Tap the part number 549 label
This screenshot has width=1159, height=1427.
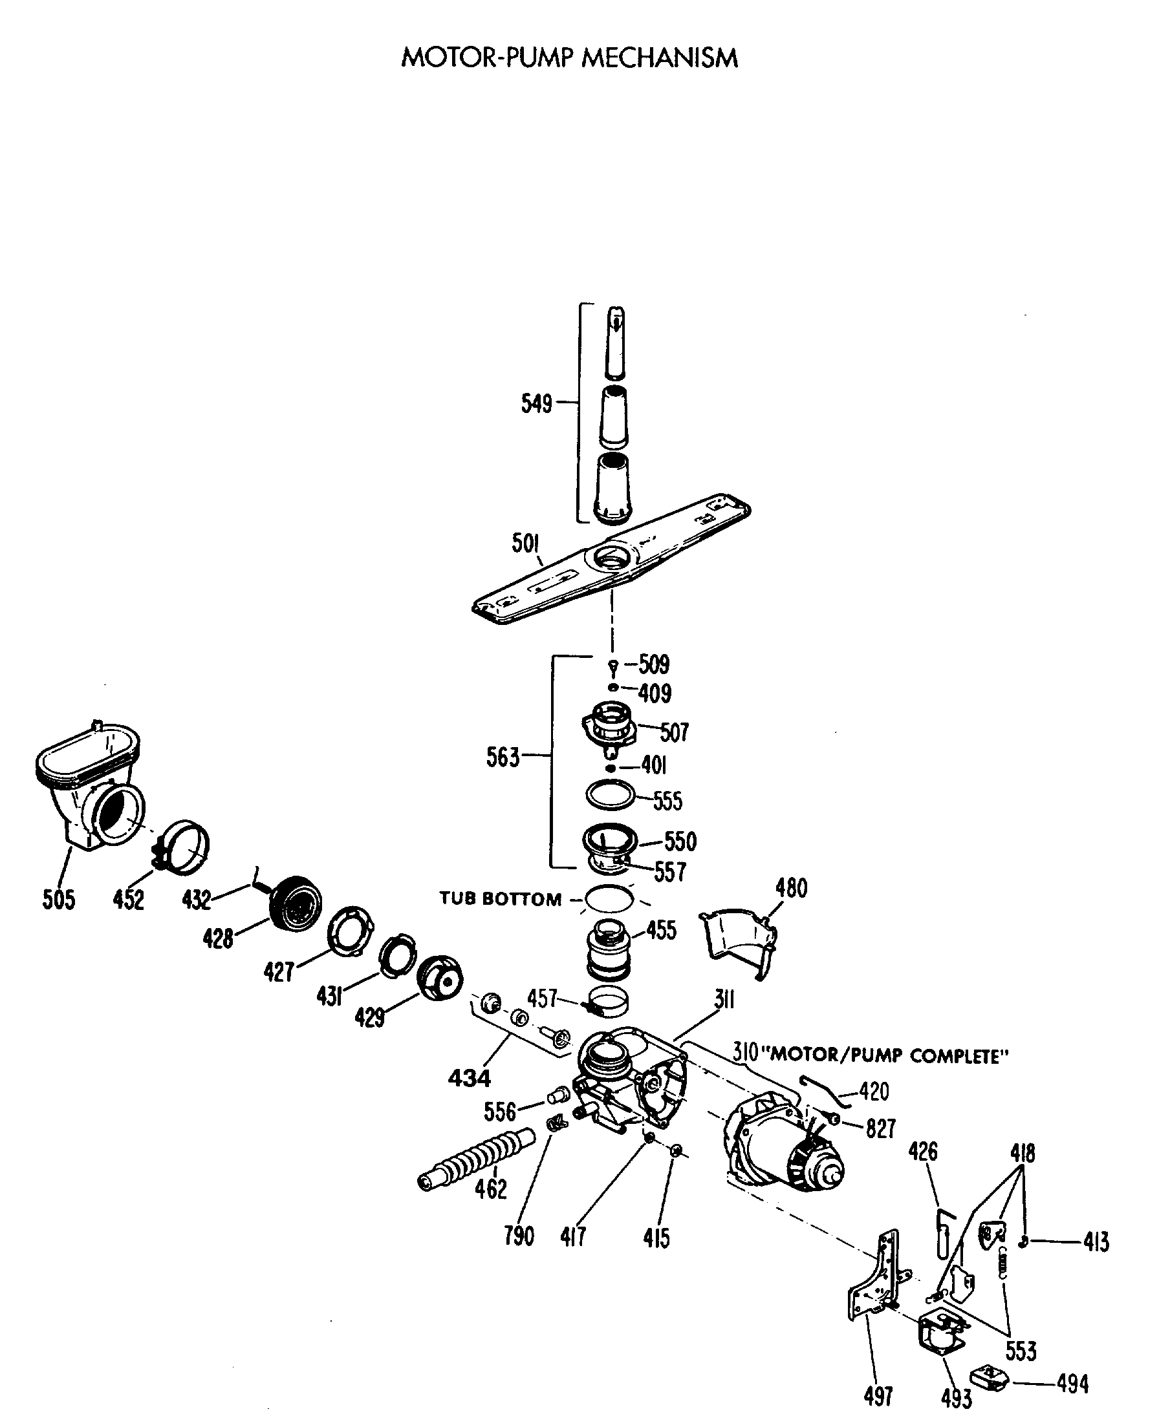pos(536,404)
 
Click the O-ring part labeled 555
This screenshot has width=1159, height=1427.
pos(609,795)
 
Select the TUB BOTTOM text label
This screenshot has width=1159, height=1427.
pos(500,899)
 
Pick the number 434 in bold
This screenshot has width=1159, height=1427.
pos(470,1077)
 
